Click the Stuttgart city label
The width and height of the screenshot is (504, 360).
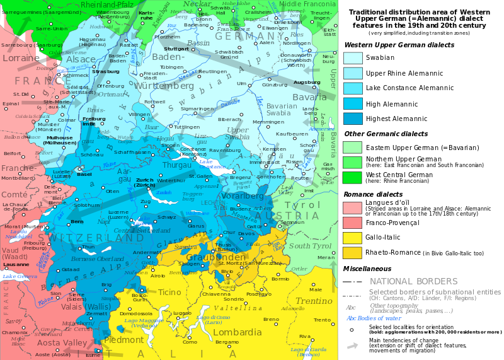pos(176,49)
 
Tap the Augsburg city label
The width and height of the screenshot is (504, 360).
pos(307,82)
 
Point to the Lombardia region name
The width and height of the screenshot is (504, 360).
pos(238,332)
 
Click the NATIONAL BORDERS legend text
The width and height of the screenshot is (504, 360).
pos(413,281)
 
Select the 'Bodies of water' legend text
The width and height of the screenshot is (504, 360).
pos(374,318)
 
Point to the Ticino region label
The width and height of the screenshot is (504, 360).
pos(169,292)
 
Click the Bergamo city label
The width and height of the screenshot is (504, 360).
pos(227,342)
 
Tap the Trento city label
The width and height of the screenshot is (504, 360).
pos(322,320)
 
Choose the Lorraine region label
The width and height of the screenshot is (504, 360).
pos(20,58)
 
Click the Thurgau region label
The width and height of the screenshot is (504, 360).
pos(177,165)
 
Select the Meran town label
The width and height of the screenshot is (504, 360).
pos(326,257)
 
